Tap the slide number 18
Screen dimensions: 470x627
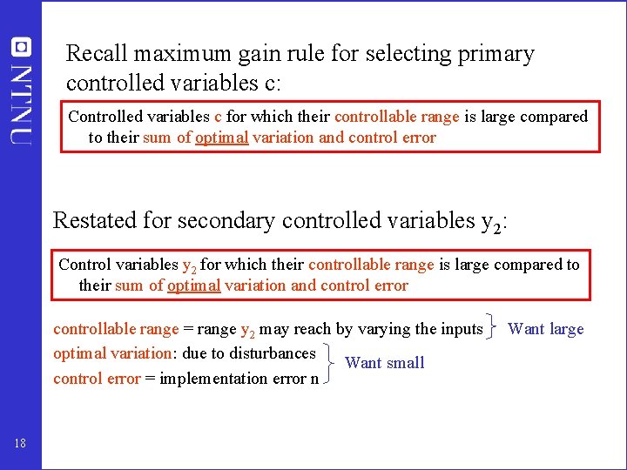tap(21, 444)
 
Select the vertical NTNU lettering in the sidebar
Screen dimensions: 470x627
tap(21, 103)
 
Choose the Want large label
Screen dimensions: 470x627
tap(546, 329)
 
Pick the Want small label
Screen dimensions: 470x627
tap(385, 363)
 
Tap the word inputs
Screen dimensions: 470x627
tap(460, 329)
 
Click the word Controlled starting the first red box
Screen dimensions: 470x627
tap(104, 117)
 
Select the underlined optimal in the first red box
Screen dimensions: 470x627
tap(222, 138)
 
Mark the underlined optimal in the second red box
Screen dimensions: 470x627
tap(195, 285)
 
